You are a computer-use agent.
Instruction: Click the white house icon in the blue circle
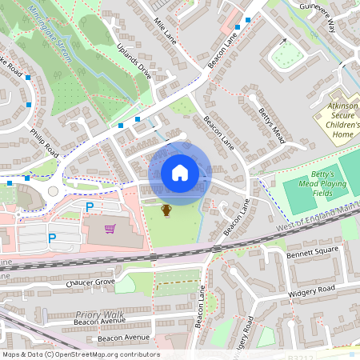180,173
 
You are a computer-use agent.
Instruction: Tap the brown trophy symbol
166,210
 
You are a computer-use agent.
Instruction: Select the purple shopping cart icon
110,229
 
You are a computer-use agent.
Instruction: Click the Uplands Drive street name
134,61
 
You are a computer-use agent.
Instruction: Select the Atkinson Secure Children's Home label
343,119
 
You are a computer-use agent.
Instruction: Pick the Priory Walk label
100,315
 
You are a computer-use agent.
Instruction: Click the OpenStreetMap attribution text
80,354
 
